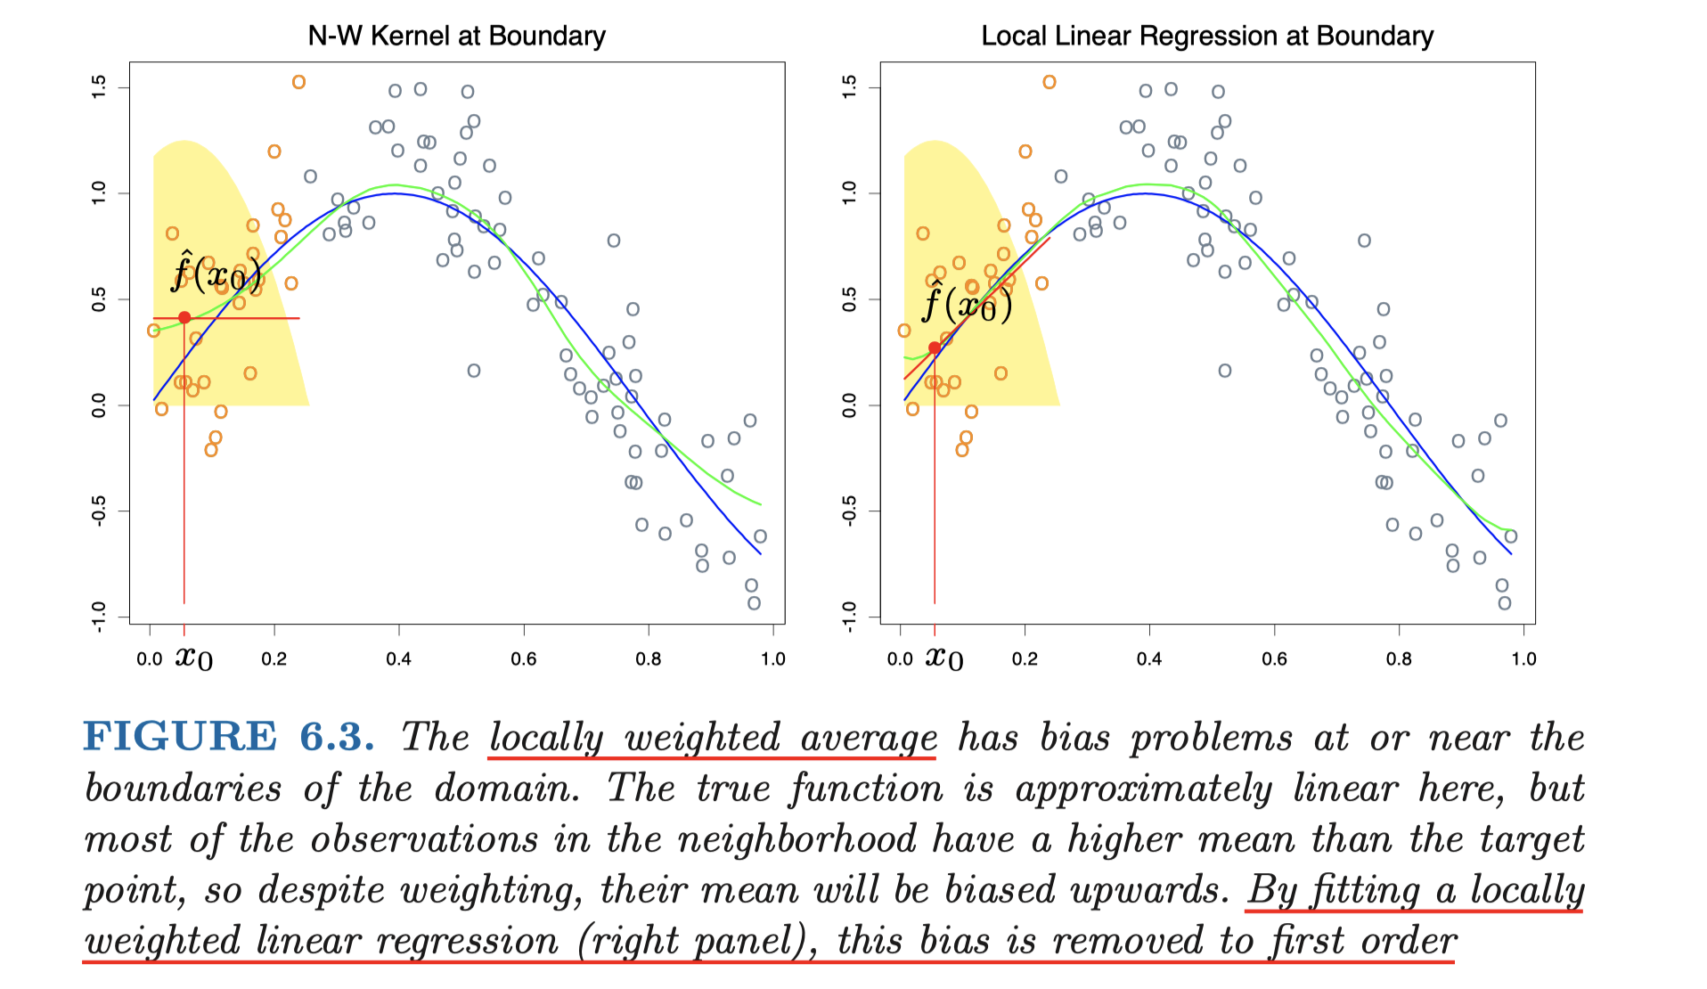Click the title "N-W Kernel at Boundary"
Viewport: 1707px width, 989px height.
tap(456, 36)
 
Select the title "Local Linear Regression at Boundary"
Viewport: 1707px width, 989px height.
tap(1207, 36)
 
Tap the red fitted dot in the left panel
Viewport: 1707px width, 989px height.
tap(184, 317)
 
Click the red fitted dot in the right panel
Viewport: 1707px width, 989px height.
tap(934, 348)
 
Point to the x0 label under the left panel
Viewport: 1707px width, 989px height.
tap(193, 658)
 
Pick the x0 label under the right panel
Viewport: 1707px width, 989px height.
tap(944, 658)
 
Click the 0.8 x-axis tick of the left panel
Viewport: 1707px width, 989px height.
tap(649, 658)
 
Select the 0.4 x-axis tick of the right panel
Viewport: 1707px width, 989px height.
tap(1149, 658)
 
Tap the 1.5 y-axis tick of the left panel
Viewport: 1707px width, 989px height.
tap(99, 87)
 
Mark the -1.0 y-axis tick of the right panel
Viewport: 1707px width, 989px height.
tap(849, 616)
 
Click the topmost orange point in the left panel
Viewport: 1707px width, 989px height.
tap(298, 82)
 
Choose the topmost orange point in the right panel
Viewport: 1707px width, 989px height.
tap(1050, 82)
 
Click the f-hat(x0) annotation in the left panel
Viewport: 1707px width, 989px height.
tap(216, 273)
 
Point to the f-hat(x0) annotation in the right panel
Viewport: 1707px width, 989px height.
tap(968, 304)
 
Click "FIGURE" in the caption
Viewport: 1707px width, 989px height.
tap(180, 737)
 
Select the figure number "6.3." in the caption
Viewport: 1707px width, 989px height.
tap(337, 737)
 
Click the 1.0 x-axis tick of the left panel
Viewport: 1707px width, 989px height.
tap(772, 658)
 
